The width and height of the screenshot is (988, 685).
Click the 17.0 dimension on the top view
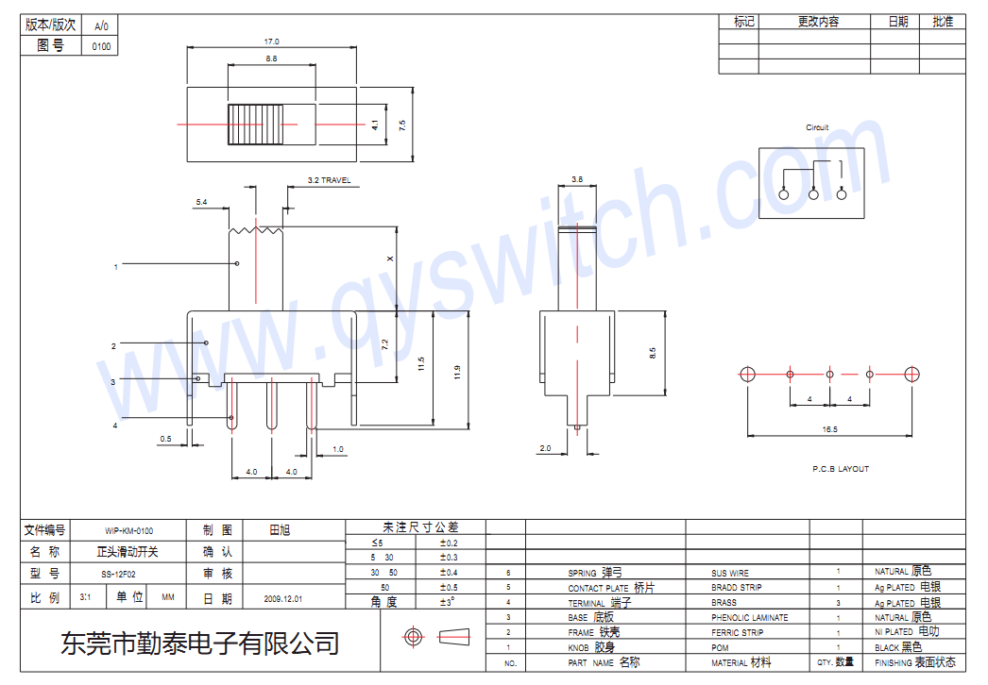tap(272, 42)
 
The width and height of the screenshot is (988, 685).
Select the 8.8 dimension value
tap(272, 58)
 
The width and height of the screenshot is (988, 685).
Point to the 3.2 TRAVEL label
tap(329, 180)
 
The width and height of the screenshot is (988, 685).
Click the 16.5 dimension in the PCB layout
tap(829, 429)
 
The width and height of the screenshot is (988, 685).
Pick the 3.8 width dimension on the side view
tap(577, 179)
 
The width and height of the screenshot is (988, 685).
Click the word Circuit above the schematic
tap(817, 127)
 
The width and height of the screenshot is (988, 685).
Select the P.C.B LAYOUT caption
tap(840, 469)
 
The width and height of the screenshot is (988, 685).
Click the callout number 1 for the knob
tap(115, 267)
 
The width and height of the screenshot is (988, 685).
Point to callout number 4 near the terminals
tap(115, 426)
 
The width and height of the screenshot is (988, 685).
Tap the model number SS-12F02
tap(119, 574)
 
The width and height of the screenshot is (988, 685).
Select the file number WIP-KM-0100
tap(129, 531)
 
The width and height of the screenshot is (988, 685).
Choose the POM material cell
tap(721, 648)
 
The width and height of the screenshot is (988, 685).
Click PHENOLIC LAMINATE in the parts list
tap(749, 618)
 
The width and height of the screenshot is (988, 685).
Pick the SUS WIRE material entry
tap(730, 573)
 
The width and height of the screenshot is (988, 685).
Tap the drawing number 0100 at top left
tap(101, 46)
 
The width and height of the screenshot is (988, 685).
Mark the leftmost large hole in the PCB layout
tap(747, 374)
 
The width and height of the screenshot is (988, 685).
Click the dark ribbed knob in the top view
tap(254, 125)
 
